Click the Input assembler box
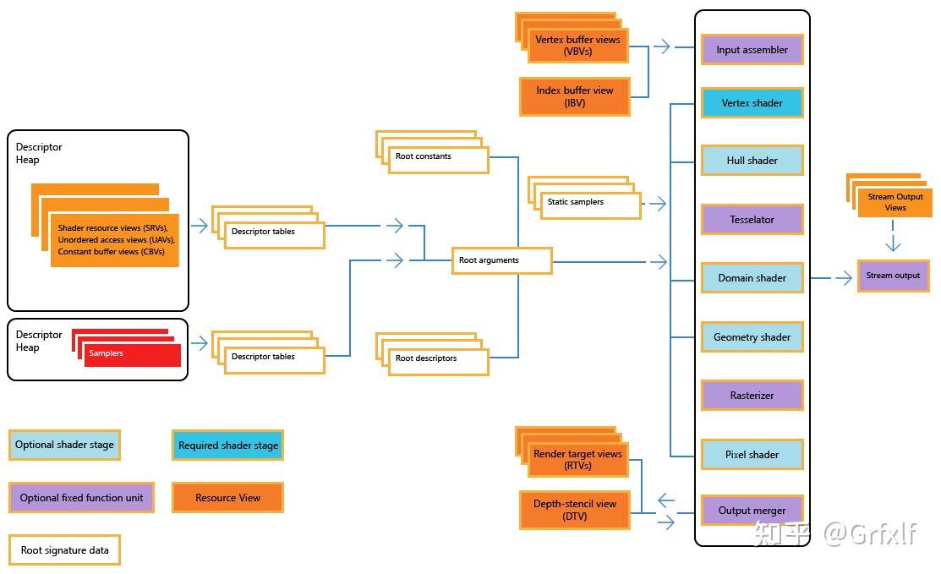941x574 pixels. click(752, 50)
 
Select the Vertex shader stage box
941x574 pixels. click(752, 103)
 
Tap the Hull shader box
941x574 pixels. click(752, 161)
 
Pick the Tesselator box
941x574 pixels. click(752, 220)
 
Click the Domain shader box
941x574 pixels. click(752, 278)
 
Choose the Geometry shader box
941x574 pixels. click(752, 337)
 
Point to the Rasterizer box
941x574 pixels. click(752, 396)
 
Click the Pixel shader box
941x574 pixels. click(752, 455)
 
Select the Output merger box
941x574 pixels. click(752, 511)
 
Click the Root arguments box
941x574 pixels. click(501, 260)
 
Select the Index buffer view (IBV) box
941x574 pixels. click(575, 97)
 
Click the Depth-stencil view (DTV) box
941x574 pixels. click(575, 511)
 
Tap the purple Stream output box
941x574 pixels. click(894, 276)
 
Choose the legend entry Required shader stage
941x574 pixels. click(227, 446)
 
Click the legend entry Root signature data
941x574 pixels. click(65, 550)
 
